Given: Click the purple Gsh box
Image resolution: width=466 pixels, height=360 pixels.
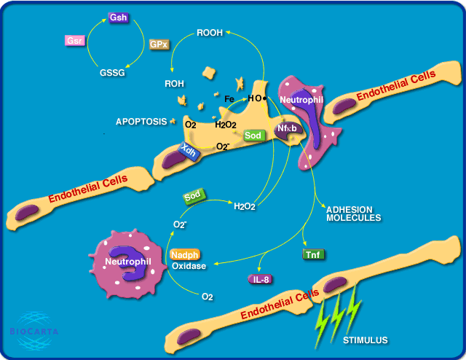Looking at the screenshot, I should pyautogui.click(x=117, y=16).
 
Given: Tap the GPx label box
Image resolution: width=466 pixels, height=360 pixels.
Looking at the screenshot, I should pyautogui.click(x=159, y=44).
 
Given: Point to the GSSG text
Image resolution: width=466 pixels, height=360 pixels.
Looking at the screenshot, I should pyautogui.click(x=112, y=73).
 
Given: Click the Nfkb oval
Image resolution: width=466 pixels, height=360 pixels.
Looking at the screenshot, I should pyautogui.click(x=286, y=128).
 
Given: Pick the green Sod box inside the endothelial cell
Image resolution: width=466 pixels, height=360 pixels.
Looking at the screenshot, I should pyautogui.click(x=253, y=135).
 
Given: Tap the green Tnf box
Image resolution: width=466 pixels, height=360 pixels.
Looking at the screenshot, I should pyautogui.click(x=314, y=254).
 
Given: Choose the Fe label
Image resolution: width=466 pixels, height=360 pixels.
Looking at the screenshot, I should pyautogui.click(x=228, y=98).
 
